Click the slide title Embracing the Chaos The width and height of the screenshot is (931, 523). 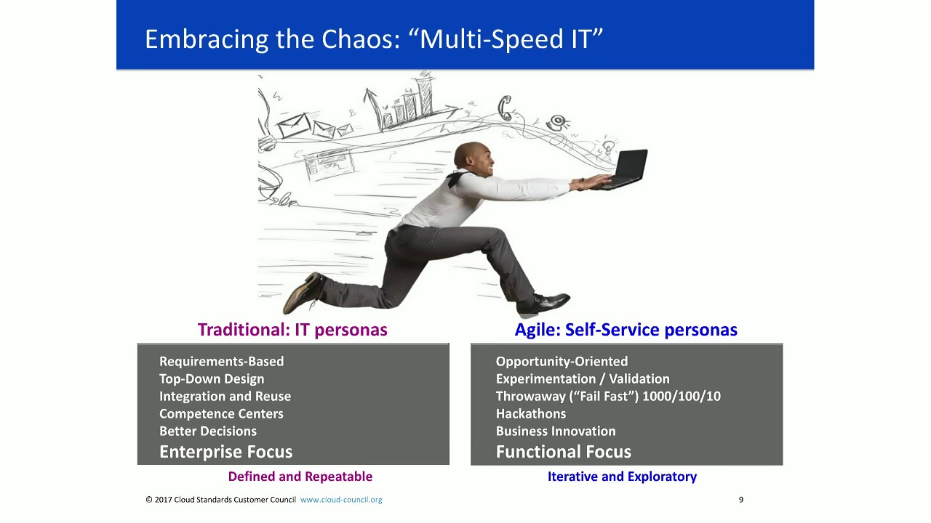(374, 38)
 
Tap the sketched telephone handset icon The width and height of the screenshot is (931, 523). (504, 108)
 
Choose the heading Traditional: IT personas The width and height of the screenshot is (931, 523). (292, 330)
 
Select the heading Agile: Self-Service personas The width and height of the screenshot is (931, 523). (626, 330)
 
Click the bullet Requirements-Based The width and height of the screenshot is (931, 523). (221, 361)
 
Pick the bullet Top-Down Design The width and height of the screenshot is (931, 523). (212, 378)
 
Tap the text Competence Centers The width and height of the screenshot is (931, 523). (221, 413)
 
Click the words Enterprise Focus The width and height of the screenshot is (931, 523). (225, 451)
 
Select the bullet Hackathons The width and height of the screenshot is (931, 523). (530, 413)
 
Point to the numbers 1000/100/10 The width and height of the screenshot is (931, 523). (682, 396)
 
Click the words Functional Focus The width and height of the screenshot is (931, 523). (563, 451)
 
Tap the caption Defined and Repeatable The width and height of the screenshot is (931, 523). (300, 477)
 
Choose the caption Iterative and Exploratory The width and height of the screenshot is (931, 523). (622, 477)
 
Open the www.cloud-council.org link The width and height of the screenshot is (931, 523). (341, 500)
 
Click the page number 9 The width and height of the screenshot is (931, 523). (740, 500)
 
